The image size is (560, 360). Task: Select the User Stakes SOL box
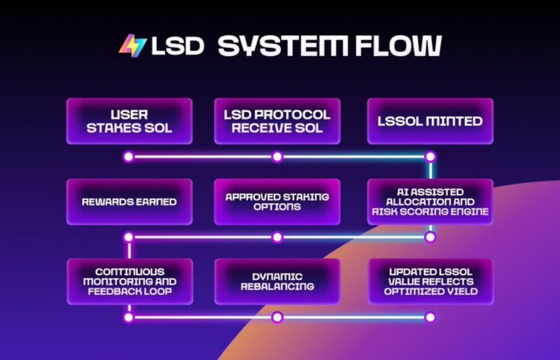129,121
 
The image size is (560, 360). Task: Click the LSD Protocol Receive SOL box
277,121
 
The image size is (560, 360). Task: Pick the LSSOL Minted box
430,121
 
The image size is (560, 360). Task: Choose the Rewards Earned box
129,202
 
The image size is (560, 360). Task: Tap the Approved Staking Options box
277,202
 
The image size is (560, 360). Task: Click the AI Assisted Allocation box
430,202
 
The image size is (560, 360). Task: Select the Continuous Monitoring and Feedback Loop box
129,282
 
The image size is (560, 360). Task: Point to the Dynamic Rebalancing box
277,282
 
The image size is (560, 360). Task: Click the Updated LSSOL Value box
430,282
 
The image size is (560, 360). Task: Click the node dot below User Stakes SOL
128,157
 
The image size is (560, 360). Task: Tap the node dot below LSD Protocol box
277,157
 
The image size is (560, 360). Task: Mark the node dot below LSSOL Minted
430,157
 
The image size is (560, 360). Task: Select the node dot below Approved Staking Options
277,237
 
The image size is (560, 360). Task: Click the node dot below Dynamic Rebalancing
277,318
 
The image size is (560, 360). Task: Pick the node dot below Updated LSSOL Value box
430,318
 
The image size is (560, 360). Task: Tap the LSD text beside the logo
176,46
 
